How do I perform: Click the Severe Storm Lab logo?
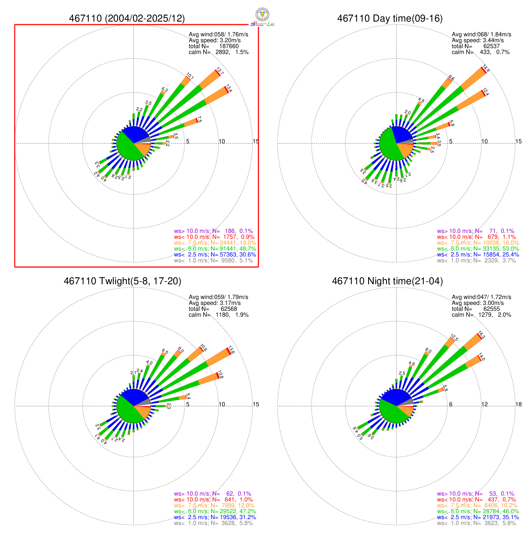[262, 17]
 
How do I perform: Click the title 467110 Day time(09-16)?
[390, 18]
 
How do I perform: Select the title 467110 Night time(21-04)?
[387, 281]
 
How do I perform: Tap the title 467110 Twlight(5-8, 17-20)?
[122, 281]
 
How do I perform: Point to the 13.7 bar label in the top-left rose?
[220, 72]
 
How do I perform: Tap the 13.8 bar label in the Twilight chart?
[231, 350]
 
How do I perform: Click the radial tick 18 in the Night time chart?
[519, 404]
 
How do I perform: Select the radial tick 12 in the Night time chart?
[485, 404]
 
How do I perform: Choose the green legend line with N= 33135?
[478, 249]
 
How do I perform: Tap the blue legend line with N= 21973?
[478, 517]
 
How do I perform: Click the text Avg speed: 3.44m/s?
[478, 40]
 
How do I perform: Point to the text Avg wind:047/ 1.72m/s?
[481, 297]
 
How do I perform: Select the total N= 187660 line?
[214, 46]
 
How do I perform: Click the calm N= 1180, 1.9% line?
[219, 315]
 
